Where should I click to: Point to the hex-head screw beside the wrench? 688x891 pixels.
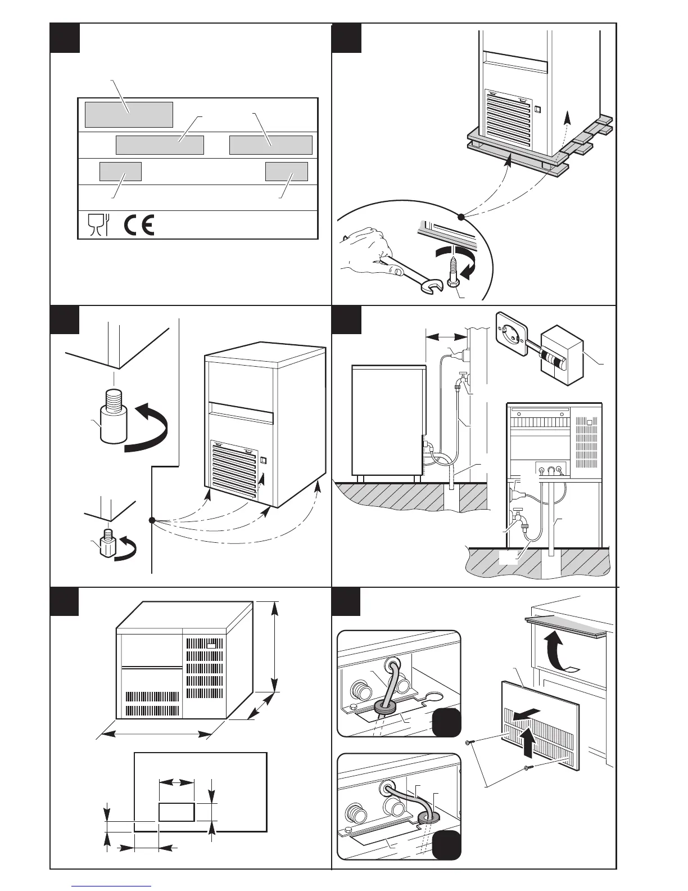point(452,271)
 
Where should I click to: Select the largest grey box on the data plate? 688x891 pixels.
point(129,115)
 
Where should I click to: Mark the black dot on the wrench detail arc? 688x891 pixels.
point(461,217)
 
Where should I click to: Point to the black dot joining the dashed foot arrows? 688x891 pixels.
point(152,520)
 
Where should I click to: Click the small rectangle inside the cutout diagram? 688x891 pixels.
point(176,812)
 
